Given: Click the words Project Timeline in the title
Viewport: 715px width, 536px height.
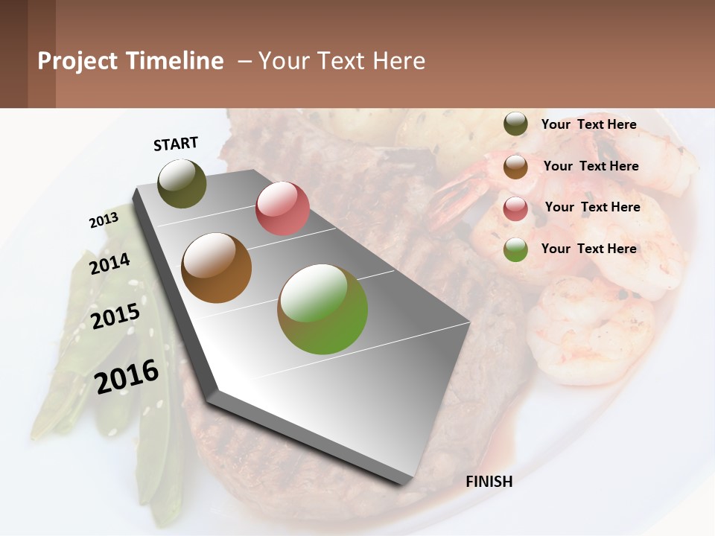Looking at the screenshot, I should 130,61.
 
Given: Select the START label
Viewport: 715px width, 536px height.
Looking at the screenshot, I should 176,144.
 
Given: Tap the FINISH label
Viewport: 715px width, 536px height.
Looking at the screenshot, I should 489,482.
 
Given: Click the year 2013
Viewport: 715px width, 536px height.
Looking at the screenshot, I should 104,220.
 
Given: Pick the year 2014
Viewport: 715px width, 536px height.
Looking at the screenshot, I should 109,264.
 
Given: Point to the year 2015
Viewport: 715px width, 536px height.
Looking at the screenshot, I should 115,316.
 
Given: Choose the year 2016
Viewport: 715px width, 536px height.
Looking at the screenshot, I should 127,376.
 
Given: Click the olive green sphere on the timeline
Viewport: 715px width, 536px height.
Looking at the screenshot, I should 182,183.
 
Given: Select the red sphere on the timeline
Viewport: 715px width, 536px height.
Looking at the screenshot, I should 282,208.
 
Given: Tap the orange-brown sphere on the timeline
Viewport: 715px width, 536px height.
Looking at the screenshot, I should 216,268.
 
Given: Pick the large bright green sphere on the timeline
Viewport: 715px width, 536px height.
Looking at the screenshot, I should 322,309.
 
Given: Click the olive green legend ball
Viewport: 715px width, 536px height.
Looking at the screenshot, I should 515,124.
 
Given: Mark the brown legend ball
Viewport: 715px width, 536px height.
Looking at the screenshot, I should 515,167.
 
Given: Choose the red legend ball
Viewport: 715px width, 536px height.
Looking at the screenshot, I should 515,208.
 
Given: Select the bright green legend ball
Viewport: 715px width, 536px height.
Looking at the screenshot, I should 515,249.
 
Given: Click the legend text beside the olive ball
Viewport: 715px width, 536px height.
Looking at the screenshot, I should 588,124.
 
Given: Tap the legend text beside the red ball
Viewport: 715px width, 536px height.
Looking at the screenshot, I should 592,207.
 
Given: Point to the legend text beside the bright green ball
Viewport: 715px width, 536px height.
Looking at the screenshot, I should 588,249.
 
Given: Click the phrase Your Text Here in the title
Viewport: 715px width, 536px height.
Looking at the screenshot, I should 341,61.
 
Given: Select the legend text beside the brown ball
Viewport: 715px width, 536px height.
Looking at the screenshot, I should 591,166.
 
